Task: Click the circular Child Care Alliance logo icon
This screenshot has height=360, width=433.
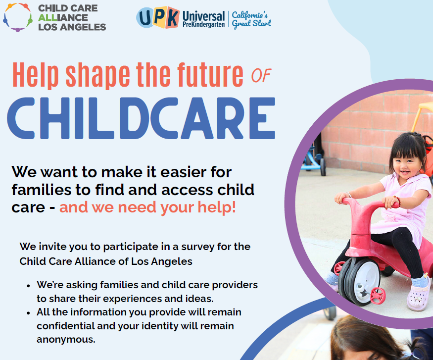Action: pos(18,17)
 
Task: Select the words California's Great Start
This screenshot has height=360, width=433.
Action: pos(251,20)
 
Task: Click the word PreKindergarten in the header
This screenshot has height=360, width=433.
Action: pos(203,25)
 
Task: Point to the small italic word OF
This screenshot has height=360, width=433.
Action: pos(261,75)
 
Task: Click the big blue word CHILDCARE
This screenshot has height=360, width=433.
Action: pos(141,118)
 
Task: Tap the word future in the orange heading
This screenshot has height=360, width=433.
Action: pos(210,74)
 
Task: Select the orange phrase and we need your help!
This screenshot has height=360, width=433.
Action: pos(148,207)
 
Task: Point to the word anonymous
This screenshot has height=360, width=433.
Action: pos(66,340)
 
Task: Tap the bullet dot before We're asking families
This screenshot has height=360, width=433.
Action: pos(28,286)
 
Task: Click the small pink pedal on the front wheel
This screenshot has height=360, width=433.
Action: pos(377,296)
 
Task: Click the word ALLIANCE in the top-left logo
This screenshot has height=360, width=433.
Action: pos(63,18)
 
